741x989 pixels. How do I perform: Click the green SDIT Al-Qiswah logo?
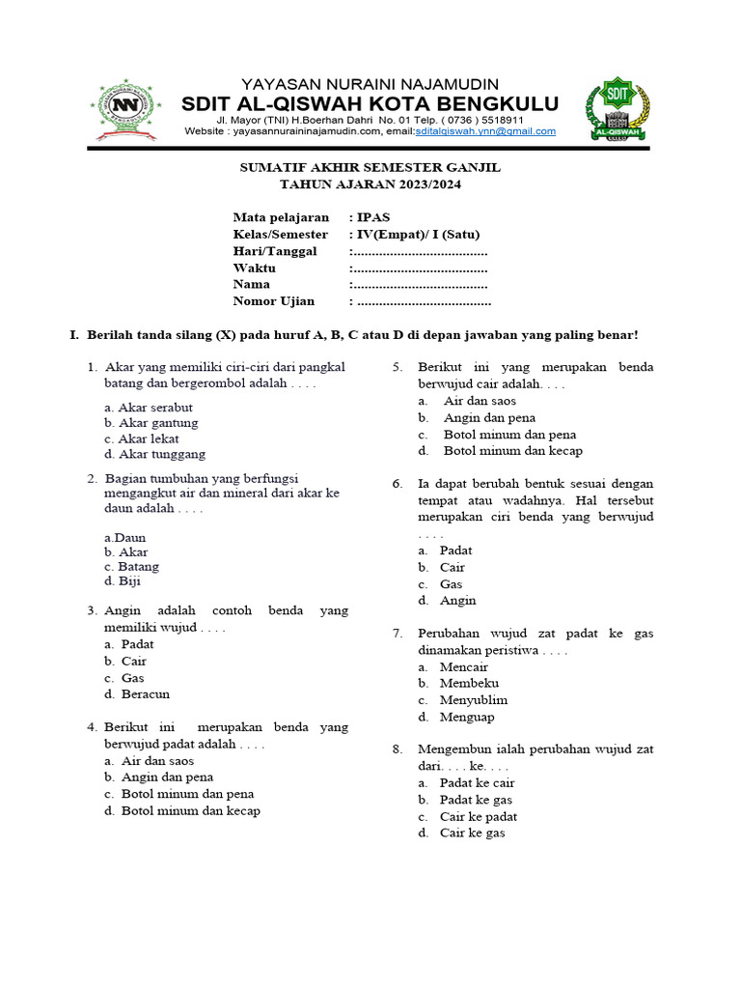click(x=617, y=109)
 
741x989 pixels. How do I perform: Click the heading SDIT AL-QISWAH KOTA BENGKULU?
click(x=370, y=103)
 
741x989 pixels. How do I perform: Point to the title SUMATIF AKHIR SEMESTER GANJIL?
click(x=370, y=167)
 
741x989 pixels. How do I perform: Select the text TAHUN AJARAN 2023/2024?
click(x=370, y=184)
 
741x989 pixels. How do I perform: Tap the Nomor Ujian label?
click(x=273, y=300)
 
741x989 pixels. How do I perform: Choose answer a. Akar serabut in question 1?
click(x=149, y=407)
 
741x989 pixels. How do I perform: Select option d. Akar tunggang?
click(x=154, y=454)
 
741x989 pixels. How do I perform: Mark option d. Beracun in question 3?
click(x=139, y=693)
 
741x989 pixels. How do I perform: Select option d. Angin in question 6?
click(x=448, y=600)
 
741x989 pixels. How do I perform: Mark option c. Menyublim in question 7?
click(x=462, y=699)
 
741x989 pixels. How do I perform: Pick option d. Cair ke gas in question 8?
click(x=461, y=833)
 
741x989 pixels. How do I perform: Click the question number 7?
click(x=397, y=634)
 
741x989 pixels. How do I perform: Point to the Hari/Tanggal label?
click(x=274, y=251)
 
